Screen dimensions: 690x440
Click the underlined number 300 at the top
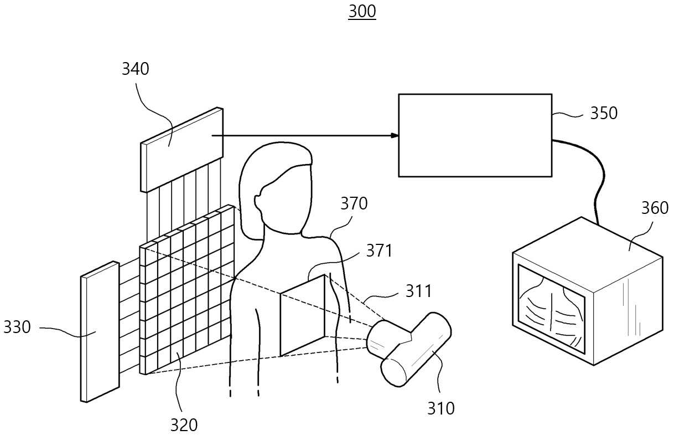362,12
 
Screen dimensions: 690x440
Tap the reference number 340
136,69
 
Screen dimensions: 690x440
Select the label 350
604,113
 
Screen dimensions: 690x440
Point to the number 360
655,208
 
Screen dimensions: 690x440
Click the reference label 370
354,203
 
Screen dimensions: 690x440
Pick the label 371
379,250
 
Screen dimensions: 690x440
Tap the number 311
418,291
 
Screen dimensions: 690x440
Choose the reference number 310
441,408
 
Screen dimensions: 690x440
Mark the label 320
184,425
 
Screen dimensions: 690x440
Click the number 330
17,327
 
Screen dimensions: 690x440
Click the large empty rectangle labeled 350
475,135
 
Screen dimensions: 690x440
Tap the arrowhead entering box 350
395,135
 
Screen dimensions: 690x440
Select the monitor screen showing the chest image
551,309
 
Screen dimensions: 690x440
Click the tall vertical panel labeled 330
100,332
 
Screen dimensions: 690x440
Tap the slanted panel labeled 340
181,150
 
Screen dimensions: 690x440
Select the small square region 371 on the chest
303,315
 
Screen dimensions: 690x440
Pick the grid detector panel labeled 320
187,289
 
